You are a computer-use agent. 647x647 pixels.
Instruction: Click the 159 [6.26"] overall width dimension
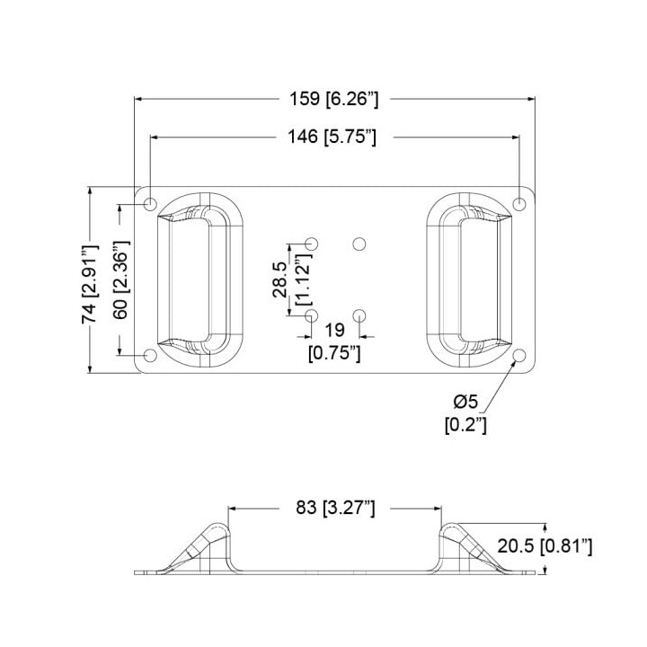[333, 100]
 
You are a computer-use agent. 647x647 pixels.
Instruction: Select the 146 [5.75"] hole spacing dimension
[332, 137]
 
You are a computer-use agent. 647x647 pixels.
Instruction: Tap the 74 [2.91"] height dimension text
[90, 284]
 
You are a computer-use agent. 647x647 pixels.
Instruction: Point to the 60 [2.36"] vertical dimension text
[121, 279]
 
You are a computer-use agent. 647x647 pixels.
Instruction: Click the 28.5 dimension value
[280, 279]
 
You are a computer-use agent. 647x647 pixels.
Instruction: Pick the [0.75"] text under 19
[334, 354]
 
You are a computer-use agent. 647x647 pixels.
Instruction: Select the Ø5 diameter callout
[465, 401]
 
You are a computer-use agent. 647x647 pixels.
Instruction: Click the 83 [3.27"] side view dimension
[335, 508]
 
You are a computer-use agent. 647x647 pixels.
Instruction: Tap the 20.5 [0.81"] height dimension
[545, 546]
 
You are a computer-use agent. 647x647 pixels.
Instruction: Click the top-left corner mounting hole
[151, 203]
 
